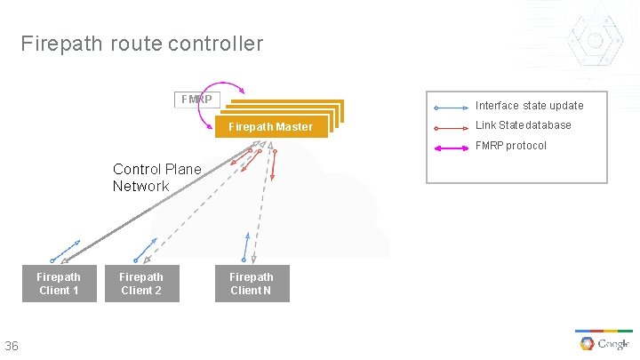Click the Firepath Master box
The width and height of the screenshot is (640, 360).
point(271,126)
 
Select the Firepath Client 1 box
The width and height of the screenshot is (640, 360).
point(59,284)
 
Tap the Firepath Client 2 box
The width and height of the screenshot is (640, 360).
point(141,284)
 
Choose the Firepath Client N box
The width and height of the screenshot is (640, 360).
point(252,284)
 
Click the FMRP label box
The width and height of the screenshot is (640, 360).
point(196,99)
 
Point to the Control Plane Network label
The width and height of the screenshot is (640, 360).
point(156,178)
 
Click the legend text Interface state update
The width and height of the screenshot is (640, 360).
point(530,106)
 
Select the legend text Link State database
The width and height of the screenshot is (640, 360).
point(523,125)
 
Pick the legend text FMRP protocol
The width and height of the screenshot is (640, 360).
point(511,146)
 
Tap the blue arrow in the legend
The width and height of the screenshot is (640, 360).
point(451,108)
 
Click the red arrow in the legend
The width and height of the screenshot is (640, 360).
point(451,127)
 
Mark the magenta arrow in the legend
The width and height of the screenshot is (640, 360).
point(451,148)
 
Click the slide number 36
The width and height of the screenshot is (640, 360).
point(12,346)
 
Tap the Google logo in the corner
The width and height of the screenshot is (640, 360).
point(604,344)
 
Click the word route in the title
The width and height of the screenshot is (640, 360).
point(134,44)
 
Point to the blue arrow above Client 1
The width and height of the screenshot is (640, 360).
point(66,250)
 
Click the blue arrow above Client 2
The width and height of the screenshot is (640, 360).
point(146,249)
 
